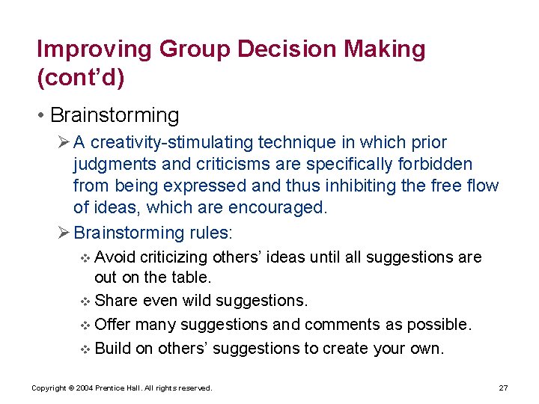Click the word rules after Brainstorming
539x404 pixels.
[x=210, y=233]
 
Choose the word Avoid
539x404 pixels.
[x=116, y=257]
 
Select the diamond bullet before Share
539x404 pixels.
[x=85, y=302]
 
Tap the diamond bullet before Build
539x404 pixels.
[x=85, y=349]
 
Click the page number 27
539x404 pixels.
[x=503, y=388]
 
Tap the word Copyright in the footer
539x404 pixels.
[x=49, y=388]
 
